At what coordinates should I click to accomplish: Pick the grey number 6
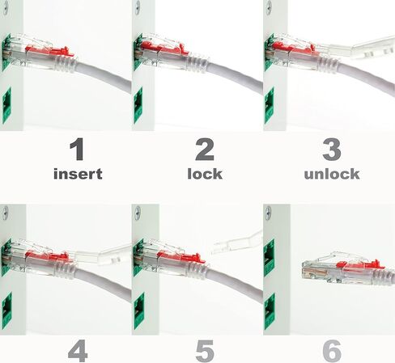(x=330, y=352)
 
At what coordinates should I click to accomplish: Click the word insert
(x=78, y=173)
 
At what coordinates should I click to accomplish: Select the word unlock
(x=330, y=173)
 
